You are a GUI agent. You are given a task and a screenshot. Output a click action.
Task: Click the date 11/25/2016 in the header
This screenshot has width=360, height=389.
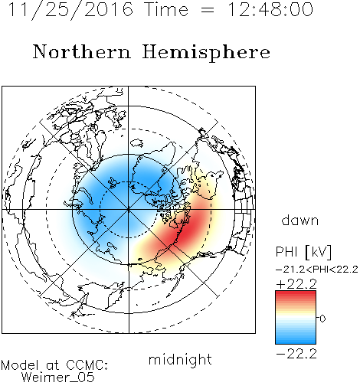pyautogui.click(x=70, y=10)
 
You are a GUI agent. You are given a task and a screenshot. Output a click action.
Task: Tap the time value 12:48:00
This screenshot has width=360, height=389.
pyautogui.click(x=270, y=9)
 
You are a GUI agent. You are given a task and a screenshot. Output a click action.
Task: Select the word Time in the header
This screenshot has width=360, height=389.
pyautogui.click(x=166, y=9)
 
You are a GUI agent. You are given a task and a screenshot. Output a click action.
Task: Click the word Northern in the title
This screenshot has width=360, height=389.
pyautogui.click(x=82, y=51)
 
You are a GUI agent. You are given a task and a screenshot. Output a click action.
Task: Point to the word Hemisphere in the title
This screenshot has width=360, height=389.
pyautogui.click(x=206, y=52)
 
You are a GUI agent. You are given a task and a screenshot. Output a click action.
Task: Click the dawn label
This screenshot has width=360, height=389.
pyautogui.click(x=300, y=220)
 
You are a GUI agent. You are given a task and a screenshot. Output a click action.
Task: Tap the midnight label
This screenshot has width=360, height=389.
pyautogui.click(x=180, y=359)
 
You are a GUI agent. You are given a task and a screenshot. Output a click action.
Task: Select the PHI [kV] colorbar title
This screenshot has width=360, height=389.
pyautogui.click(x=303, y=252)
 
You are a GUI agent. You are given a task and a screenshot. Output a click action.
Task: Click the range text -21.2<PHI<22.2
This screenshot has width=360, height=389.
pyautogui.click(x=317, y=270)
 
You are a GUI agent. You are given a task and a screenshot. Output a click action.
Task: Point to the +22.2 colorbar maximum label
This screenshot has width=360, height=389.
pyautogui.click(x=296, y=284)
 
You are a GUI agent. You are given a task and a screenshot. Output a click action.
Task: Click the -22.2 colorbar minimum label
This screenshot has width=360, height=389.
pyautogui.click(x=296, y=354)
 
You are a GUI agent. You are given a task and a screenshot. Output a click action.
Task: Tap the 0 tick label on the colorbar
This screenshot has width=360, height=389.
pyautogui.click(x=322, y=319)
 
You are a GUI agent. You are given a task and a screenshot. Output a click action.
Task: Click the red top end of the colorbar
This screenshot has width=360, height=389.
pyautogui.click(x=296, y=293)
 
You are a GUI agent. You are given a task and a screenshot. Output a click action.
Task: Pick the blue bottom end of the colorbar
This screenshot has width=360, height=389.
pyautogui.click(x=296, y=342)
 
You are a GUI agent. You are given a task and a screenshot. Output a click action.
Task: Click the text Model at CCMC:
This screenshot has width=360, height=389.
pyautogui.click(x=54, y=365)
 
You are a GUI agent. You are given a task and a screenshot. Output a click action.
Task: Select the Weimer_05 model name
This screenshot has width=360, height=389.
pyautogui.click(x=58, y=377)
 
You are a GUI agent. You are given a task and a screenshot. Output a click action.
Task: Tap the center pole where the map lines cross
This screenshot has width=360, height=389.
pyautogui.click(x=129, y=210)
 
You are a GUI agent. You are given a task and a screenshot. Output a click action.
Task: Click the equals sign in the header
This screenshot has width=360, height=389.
pyautogui.click(x=208, y=10)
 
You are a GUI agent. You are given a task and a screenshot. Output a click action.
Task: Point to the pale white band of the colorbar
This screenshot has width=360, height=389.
pyautogui.click(x=296, y=318)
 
